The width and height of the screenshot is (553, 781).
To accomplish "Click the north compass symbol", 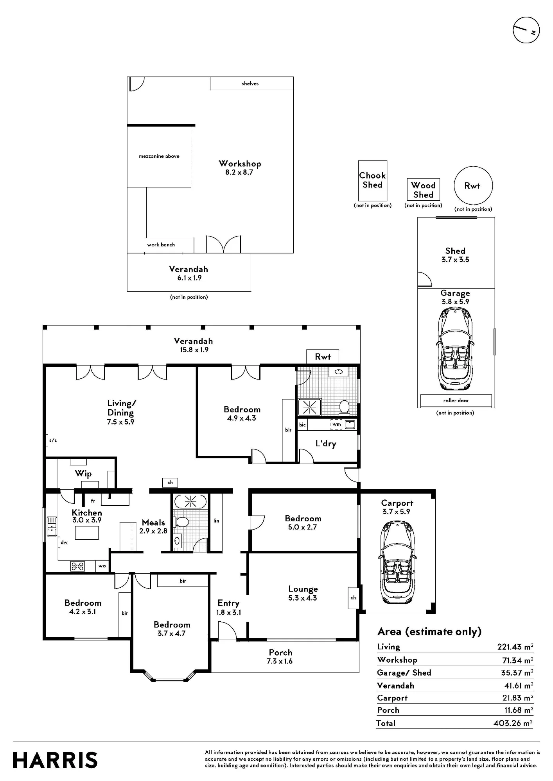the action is (526, 30).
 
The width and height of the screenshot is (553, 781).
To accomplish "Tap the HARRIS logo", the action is (55, 760).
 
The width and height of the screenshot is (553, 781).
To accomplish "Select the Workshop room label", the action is (240, 164).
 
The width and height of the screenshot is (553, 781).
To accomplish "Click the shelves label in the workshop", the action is (250, 84).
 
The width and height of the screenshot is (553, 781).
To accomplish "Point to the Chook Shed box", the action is (373, 180).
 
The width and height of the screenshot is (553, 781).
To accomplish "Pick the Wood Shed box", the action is (423, 190).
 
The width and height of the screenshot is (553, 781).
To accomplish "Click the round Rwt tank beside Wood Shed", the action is (473, 186).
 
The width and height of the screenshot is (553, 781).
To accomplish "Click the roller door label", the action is (456, 401).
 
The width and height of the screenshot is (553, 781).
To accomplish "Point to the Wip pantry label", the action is (83, 474).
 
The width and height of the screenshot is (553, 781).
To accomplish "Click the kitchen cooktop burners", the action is (77, 566).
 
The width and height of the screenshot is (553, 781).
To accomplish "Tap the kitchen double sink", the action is (52, 526).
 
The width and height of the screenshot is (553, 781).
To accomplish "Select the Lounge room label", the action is (303, 589).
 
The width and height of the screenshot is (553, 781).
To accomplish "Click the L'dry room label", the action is (326, 444).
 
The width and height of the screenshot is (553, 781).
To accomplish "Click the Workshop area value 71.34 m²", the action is (515, 660).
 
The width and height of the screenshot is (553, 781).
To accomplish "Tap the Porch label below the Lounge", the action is (280, 653).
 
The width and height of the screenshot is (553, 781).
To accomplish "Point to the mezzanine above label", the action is (159, 156).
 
